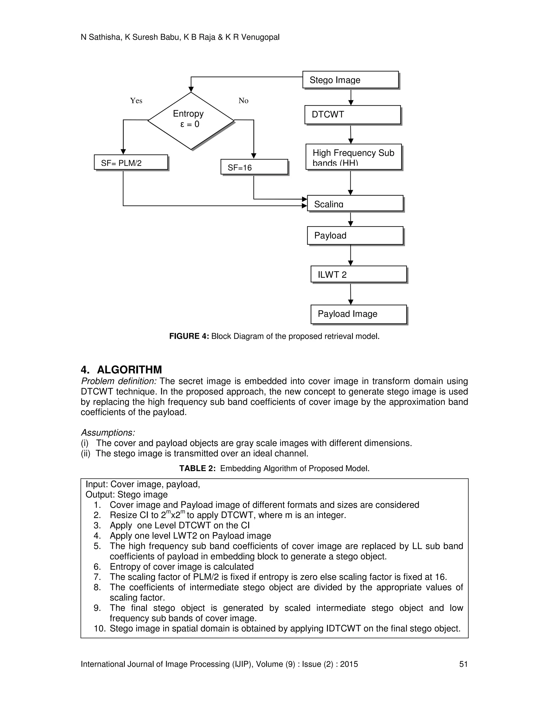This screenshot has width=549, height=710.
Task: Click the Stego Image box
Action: tap(350, 80)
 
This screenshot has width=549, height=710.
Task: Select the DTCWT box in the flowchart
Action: tap(352, 114)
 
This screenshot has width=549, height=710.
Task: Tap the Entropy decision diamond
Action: tap(191, 121)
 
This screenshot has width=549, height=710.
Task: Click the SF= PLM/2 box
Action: tap(131, 162)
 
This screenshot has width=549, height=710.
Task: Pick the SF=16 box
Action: tap(254, 167)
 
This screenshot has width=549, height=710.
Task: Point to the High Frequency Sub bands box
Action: tap(354, 157)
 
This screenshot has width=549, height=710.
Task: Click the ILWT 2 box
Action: tap(358, 274)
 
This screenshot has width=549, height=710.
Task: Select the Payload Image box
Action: tap(358, 314)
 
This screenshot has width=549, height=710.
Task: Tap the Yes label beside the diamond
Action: tap(136, 101)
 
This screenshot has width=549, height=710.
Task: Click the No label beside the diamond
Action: tap(243, 101)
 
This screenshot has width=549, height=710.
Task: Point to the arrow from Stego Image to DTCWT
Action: tap(351, 97)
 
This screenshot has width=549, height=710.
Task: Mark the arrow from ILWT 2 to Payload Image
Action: tap(351, 294)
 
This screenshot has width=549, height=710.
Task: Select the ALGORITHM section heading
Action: tap(129, 370)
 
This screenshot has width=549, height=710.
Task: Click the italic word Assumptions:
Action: tap(108, 433)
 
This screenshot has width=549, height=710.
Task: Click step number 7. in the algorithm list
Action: tap(97, 577)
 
